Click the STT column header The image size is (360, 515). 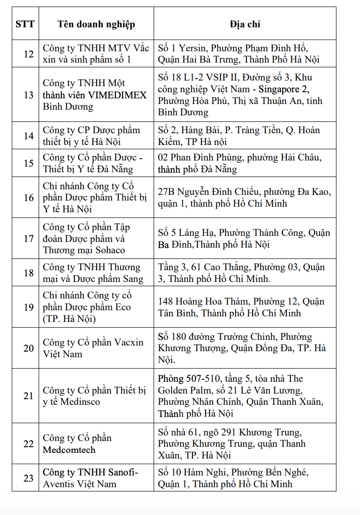coord(25,24)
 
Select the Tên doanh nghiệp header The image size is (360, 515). coord(96,24)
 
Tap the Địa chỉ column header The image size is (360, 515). coord(245,24)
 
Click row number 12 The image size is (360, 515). coord(29,54)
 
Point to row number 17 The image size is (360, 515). coord(29,238)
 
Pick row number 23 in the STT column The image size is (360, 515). coord(29,478)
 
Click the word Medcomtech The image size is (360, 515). coord(69,450)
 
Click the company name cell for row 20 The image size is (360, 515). coord(96,348)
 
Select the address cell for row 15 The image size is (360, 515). coord(245,163)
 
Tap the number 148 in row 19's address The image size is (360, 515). coord(166,301)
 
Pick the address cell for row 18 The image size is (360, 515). coord(245,273)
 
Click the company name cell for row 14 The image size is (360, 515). coord(96,136)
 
